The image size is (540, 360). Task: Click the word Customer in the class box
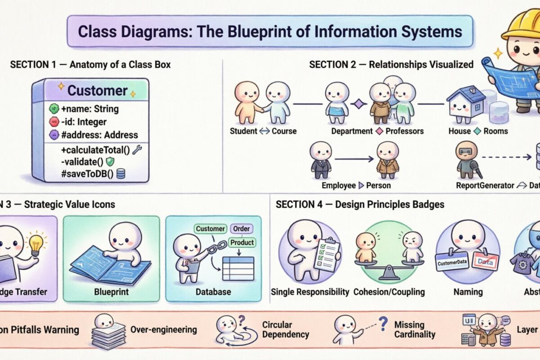(x=98, y=90)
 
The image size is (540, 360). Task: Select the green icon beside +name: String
(x=54, y=108)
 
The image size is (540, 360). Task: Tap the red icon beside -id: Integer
(x=54, y=121)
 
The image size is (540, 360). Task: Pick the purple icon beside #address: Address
(x=54, y=135)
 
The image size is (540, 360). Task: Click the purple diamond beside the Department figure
(x=359, y=104)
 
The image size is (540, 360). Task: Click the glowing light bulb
(x=36, y=243)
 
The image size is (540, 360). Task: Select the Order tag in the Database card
(x=242, y=229)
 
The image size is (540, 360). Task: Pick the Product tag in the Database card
(x=242, y=242)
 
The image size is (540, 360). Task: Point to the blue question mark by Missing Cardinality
(x=383, y=323)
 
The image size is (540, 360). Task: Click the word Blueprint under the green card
(x=111, y=292)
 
